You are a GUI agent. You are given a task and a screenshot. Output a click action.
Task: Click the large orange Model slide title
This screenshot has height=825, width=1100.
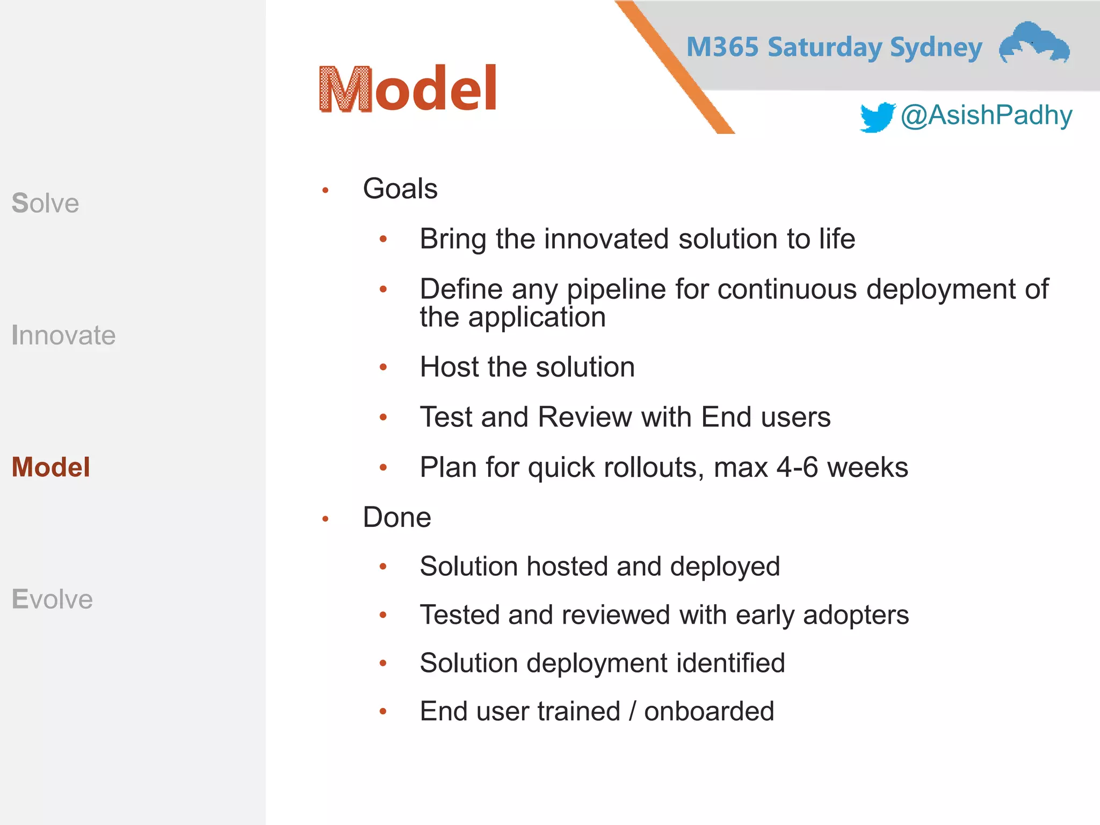(408, 89)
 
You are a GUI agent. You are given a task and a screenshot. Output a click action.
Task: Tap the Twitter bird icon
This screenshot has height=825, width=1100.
(877, 117)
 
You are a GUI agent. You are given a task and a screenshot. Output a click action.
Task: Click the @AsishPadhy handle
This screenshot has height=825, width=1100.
(986, 115)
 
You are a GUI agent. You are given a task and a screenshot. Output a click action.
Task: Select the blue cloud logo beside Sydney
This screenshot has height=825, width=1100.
(1034, 43)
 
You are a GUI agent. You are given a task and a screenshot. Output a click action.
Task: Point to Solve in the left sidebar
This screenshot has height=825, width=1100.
(46, 203)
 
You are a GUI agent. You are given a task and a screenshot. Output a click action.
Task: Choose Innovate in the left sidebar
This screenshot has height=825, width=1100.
(63, 335)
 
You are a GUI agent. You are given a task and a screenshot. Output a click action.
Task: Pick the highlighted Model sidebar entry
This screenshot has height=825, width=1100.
(51, 467)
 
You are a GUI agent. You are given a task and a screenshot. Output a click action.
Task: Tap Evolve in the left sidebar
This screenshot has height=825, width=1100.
(52, 599)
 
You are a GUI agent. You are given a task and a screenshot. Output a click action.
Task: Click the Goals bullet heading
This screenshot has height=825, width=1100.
(400, 189)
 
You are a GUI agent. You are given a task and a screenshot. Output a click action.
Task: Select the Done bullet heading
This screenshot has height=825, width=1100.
(397, 517)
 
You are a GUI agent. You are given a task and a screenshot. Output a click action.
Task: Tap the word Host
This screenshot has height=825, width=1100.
(449, 367)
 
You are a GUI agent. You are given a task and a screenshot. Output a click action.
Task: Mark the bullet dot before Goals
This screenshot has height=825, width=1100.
(325, 190)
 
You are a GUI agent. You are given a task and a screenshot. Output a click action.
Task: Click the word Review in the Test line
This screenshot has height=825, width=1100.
(584, 417)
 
